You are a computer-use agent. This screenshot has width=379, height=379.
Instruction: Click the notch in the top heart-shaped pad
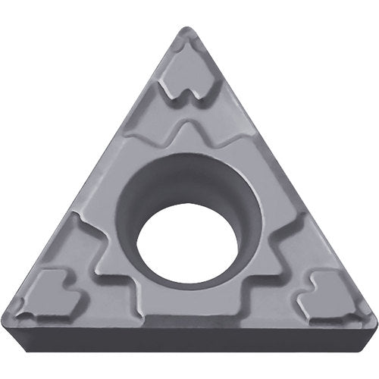(x=186, y=89)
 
